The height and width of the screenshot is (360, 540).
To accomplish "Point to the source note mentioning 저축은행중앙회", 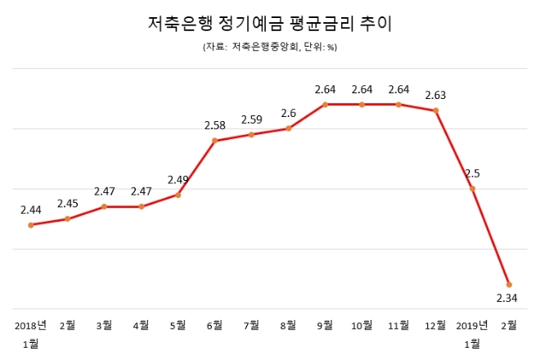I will coord(269,47).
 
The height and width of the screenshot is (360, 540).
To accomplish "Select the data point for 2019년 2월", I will coord(509,284).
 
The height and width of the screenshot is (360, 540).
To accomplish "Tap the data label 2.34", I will coord(507,299).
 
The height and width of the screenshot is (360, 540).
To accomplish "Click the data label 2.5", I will coord(472,173).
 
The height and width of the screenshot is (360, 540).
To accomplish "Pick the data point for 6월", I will coord(214,141).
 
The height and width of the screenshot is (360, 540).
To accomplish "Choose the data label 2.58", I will coord(214,125).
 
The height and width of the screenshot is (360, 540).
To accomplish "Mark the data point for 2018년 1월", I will coord(30,225).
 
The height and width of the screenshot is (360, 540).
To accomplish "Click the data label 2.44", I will coord(30,209).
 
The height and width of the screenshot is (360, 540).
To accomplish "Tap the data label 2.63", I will coord(435,94).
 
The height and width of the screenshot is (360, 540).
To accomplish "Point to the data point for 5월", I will coord(178,195).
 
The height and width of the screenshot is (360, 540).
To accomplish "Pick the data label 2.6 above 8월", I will coord(288,113).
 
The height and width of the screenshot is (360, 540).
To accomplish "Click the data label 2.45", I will coord(67,204).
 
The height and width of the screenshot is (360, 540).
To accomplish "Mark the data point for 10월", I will coord(362,105).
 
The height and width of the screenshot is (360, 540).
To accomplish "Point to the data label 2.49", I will coord(178,179).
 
